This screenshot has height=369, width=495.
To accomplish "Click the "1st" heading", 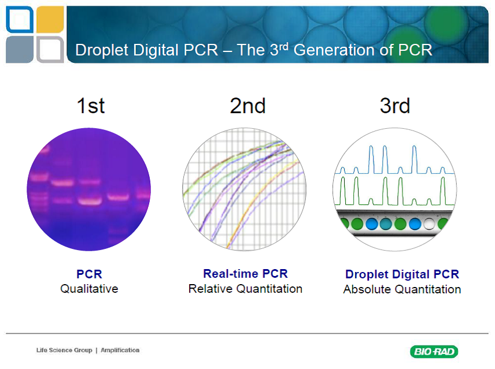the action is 91,106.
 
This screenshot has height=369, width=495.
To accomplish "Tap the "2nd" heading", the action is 248,106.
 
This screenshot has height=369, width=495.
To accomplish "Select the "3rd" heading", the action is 395,106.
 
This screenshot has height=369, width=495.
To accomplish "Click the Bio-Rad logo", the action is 434,351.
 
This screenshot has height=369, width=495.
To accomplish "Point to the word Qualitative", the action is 89,289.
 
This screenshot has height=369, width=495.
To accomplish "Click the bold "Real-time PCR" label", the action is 246,274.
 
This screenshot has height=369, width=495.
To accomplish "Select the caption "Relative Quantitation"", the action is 245,289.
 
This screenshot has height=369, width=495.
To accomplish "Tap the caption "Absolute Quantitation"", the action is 402,289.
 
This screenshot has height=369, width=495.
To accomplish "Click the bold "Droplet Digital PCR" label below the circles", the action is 402,274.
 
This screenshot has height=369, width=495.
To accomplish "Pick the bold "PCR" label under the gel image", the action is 89,274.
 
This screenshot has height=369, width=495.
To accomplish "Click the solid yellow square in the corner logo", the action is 50,20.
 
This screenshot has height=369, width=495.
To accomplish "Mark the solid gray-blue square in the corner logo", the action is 20,50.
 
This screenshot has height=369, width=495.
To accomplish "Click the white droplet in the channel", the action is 429,223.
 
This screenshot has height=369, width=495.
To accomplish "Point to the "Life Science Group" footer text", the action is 64,350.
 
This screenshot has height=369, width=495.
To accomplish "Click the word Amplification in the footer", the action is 120,350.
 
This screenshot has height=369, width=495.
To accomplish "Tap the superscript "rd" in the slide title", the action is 284,47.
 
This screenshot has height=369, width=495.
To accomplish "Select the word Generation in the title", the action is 334,50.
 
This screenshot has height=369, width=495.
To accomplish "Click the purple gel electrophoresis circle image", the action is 88,189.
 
